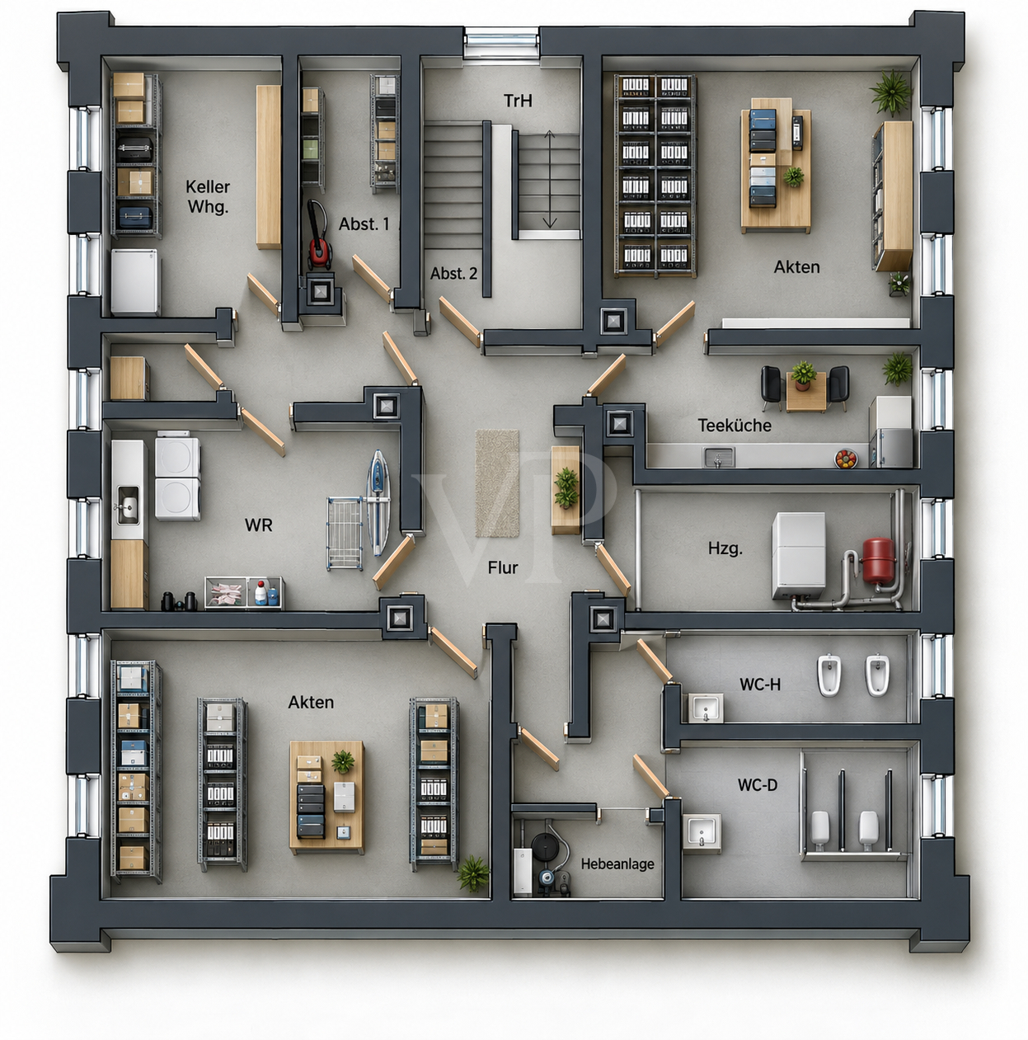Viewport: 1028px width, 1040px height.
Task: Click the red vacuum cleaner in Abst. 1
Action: tap(318, 235)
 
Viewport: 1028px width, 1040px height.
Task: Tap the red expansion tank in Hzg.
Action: tap(877, 562)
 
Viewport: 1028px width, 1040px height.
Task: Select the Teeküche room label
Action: tap(734, 426)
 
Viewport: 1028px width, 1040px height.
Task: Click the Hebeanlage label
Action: tap(617, 864)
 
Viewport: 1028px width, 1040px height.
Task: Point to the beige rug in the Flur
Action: tap(496, 483)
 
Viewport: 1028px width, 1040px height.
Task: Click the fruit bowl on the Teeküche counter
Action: tap(845, 459)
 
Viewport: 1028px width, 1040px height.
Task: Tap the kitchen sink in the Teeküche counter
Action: tap(718, 458)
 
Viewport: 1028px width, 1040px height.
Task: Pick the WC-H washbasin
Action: tap(705, 708)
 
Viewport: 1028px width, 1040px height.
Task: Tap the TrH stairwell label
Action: tap(518, 101)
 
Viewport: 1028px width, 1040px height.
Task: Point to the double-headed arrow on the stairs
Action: tap(549, 179)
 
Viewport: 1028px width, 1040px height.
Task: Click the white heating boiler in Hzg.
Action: tap(798, 556)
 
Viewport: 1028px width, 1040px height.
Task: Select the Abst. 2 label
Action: tap(453, 274)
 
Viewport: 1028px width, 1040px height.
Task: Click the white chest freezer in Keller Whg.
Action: tap(135, 281)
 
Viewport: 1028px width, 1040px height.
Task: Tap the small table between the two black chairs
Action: tap(805, 391)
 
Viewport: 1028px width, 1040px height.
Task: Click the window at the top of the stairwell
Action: tap(501, 42)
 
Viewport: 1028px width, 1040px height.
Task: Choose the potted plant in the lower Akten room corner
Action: tap(472, 873)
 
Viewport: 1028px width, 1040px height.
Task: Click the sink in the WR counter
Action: tap(128, 504)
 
